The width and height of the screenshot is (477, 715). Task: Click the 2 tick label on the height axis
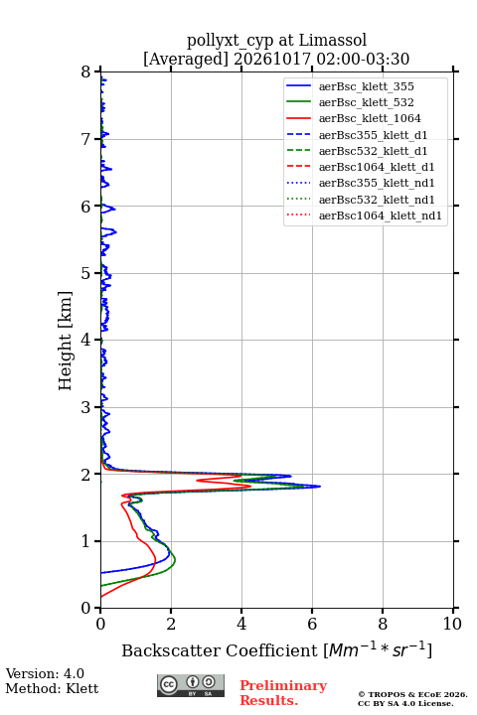(86, 475)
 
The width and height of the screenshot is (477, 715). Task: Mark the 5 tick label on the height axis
(86, 273)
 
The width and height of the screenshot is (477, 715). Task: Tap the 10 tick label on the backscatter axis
(452, 624)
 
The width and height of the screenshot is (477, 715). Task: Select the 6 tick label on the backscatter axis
(312, 624)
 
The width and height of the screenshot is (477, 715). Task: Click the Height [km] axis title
(66, 341)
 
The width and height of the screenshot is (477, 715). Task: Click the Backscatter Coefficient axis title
(276, 649)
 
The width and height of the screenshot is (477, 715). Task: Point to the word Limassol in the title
(333, 41)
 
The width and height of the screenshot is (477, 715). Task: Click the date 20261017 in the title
(272, 60)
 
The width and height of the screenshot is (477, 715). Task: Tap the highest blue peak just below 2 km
(320, 486)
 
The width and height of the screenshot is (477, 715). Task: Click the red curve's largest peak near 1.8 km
(250, 486)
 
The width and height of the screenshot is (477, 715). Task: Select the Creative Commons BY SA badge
(191, 685)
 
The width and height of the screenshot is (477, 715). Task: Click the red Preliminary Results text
(283, 693)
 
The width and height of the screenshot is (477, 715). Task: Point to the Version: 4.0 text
(45, 673)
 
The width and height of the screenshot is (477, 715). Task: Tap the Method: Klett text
(52, 688)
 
